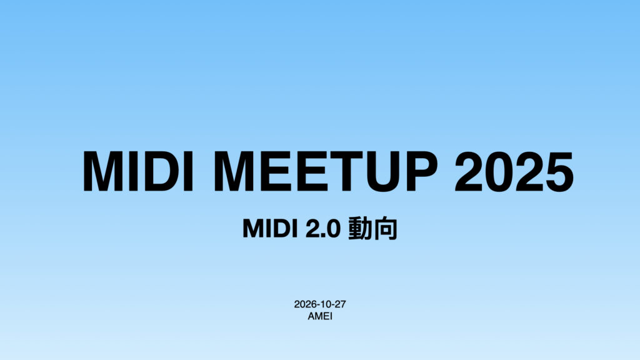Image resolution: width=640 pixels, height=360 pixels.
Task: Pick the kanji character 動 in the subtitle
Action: [361, 229]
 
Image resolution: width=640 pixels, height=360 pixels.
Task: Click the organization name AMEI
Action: [320, 316]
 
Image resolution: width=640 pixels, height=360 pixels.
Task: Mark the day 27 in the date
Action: [340, 304]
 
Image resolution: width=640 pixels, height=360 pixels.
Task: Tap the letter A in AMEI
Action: [311, 316]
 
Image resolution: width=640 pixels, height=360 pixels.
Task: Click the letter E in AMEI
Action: [324, 316]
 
